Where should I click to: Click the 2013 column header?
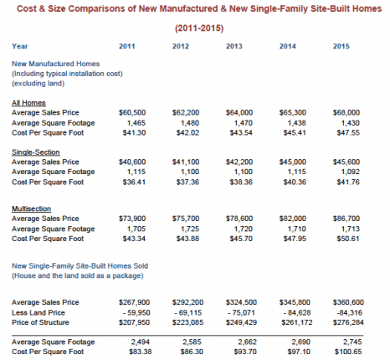click(x=234, y=46)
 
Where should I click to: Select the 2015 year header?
click(x=341, y=46)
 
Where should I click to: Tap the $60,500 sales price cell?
click(x=132, y=112)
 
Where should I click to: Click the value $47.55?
click(x=348, y=132)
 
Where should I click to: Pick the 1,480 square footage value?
click(x=190, y=123)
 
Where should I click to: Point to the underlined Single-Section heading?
click(x=36, y=152)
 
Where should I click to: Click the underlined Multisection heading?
click(x=31, y=208)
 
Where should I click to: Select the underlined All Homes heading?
click(x=28, y=103)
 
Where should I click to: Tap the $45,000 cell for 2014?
click(x=293, y=162)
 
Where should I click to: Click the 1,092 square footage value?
click(x=351, y=172)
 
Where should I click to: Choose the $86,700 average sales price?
click(x=346, y=219)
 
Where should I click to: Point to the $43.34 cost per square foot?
click(x=134, y=239)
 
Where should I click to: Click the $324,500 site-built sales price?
click(x=241, y=302)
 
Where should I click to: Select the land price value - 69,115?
click(x=187, y=312)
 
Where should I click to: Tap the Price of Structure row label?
click(x=40, y=322)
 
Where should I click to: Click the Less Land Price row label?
click(x=38, y=312)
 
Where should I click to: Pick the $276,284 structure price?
click(x=348, y=322)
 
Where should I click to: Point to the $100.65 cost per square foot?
click(x=348, y=352)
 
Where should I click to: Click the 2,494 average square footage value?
click(x=140, y=342)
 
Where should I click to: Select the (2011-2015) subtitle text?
click(x=199, y=28)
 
